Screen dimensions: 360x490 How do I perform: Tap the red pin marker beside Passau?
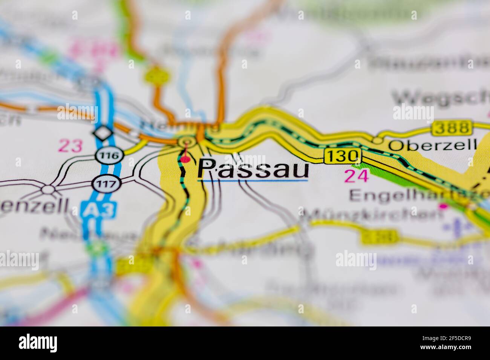[185, 159]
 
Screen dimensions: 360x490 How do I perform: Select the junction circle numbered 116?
[104, 155]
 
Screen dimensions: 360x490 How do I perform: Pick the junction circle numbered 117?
[101, 184]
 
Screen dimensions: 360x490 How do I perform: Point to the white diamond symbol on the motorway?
[101, 133]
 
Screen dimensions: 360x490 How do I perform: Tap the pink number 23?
[70, 146]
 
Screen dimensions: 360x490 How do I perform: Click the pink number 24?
[356, 176]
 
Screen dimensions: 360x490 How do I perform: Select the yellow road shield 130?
[342, 156]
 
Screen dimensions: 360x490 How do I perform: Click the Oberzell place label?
[433, 145]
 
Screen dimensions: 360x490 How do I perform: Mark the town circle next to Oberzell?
[377, 140]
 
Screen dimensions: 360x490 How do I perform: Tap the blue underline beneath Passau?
[253, 181]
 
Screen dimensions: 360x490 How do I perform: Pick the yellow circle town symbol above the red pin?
[185, 142]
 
